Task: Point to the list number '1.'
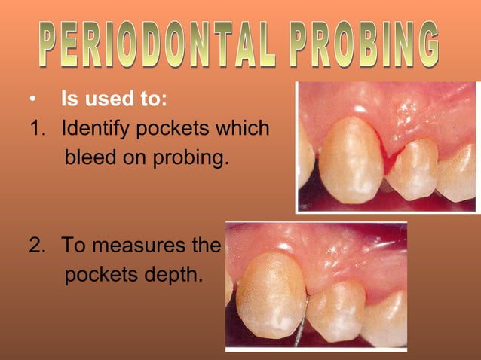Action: point(38,129)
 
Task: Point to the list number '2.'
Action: point(38,246)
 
